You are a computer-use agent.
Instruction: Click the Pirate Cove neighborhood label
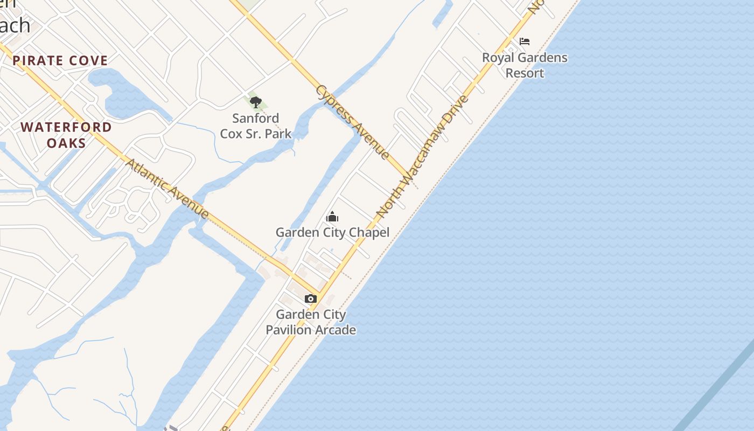coord(60,60)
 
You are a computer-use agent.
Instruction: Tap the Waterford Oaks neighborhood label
coord(66,135)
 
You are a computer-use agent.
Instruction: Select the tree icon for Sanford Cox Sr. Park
coord(256,102)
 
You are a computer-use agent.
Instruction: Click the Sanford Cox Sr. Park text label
coord(256,126)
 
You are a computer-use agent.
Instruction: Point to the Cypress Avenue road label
coord(353,122)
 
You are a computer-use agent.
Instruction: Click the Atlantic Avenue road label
coord(167,188)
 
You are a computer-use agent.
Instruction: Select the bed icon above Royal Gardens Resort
coord(525,41)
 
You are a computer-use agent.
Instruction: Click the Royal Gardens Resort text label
coord(525,65)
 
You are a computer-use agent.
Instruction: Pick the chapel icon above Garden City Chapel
coord(332,217)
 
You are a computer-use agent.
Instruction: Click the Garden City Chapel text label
coord(332,233)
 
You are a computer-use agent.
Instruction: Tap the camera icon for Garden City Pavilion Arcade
coord(311,299)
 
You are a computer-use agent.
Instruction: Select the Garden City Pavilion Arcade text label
coord(311,322)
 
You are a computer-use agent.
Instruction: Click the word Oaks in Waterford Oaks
coord(66,143)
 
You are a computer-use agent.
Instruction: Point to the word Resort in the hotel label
coord(525,73)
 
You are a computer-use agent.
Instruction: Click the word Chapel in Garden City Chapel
coord(368,233)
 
